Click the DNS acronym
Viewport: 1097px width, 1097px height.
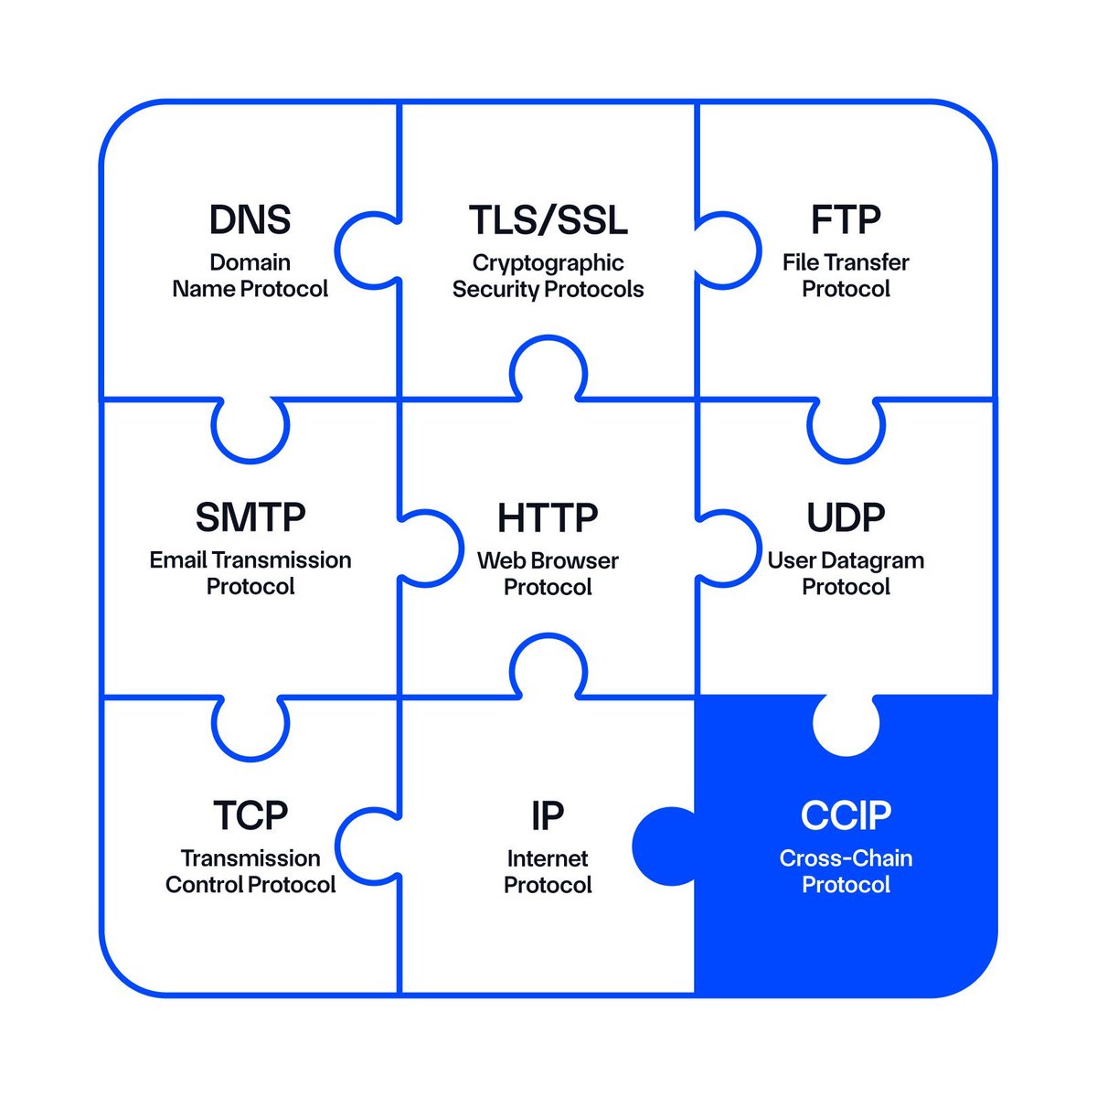[250, 220]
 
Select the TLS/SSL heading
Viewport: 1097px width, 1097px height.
[548, 220]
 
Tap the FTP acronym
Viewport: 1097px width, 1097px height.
[846, 220]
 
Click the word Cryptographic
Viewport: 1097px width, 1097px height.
[548, 263]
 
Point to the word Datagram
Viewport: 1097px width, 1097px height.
[872, 560]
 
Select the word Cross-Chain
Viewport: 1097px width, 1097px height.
[846, 858]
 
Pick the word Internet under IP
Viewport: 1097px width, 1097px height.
[548, 858]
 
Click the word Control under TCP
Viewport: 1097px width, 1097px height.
[206, 885]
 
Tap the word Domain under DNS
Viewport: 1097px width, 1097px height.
[250, 263]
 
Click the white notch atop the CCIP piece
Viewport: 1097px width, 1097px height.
[846, 724]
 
